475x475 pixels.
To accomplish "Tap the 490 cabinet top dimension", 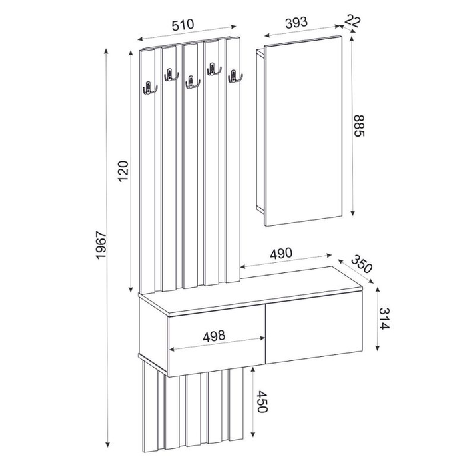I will [x=282, y=254].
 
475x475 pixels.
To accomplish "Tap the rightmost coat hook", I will [x=234, y=76].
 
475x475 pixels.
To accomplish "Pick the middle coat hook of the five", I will [x=192, y=83].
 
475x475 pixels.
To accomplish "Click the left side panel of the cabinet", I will [x=152, y=329].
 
